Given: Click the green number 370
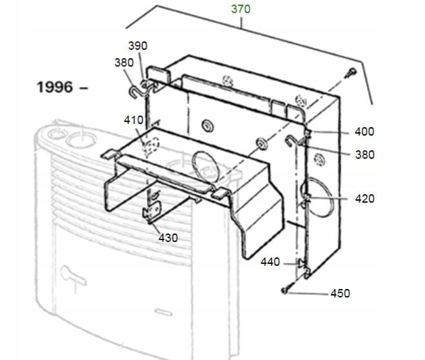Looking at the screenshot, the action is tap(241, 9).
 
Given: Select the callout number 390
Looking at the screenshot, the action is tap(137, 46).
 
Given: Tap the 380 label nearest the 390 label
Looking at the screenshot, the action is tap(124, 63).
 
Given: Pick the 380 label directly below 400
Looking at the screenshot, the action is tap(364, 155).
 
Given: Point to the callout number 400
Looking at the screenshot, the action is tap(364, 132).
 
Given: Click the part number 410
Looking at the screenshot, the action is tap(133, 120).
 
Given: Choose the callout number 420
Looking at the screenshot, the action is tap(364, 199).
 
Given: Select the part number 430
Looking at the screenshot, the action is tap(168, 238).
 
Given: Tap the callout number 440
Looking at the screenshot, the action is tap(270, 262).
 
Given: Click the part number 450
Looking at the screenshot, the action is tap(340, 294).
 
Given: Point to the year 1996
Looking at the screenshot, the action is tap(55, 88).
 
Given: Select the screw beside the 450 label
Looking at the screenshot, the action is tap(284, 291).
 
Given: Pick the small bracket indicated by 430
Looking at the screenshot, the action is tap(152, 214).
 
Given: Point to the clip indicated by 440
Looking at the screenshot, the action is tap(300, 262).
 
